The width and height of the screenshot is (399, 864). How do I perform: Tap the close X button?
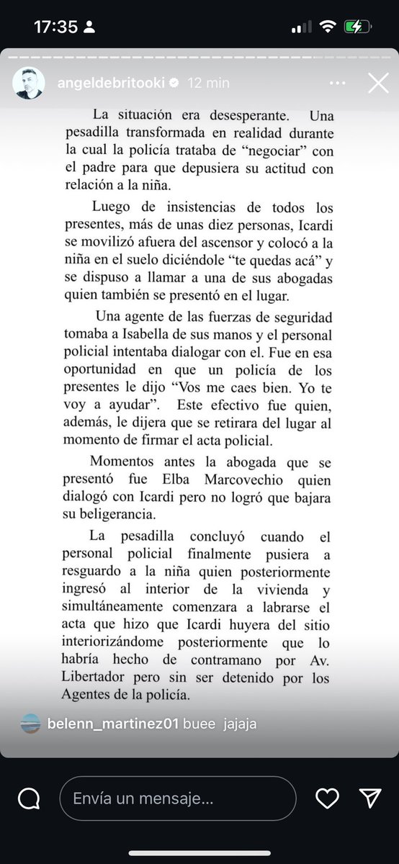click(378, 83)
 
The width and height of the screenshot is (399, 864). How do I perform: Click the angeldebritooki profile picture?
click(29, 84)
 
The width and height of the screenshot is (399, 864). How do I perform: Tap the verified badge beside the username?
click(174, 83)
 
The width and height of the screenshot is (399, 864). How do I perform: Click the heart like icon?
click(327, 798)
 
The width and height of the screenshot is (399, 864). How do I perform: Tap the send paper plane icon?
click(370, 798)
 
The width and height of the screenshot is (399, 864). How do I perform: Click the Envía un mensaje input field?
click(177, 798)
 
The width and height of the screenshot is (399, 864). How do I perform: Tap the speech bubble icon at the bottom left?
click(29, 798)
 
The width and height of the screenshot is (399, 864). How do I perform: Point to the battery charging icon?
click(357, 27)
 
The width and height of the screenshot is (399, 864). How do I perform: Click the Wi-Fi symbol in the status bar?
click(328, 27)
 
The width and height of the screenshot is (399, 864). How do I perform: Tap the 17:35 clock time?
click(55, 27)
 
